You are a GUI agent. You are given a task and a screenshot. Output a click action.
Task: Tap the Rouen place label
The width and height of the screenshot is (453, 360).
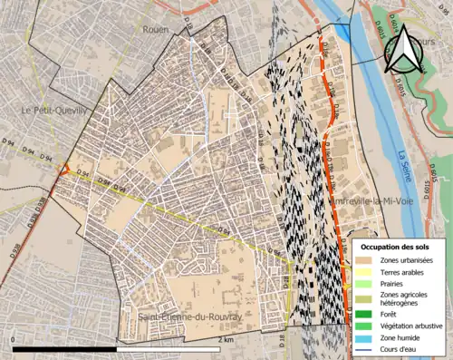pos(155,29)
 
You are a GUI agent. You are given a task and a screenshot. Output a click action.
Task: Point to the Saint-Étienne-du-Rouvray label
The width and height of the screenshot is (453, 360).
pos(189,316)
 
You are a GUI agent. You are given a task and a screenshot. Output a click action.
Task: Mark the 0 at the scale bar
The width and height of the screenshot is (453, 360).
pos(13,340)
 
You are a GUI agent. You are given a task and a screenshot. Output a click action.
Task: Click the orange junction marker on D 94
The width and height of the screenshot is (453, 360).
pos(63,170)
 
